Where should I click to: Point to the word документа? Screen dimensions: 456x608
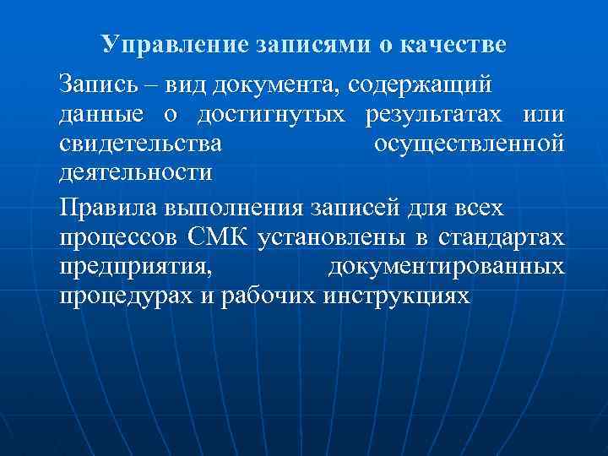click(274, 85)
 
